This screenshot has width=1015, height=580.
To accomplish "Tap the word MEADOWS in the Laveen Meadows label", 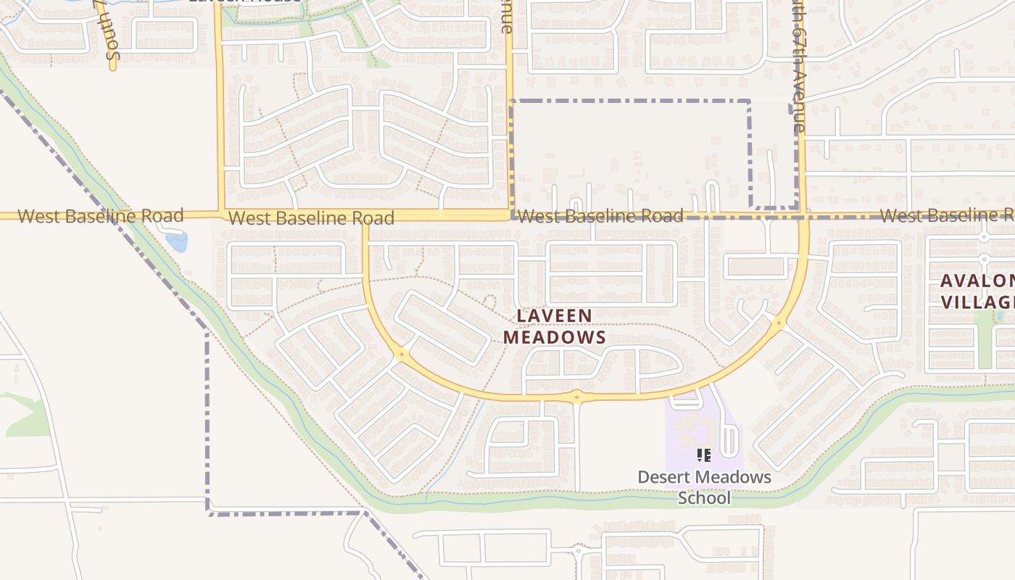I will [x=555, y=337].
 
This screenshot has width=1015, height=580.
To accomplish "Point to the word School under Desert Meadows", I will [x=703, y=498].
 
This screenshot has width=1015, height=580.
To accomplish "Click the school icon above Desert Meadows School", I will [x=703, y=455].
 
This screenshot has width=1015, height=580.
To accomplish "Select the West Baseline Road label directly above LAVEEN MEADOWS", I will [x=600, y=216].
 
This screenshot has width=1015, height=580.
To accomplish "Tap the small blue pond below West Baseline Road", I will [x=176, y=241].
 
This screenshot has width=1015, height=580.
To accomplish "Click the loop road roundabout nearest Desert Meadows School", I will [x=576, y=396].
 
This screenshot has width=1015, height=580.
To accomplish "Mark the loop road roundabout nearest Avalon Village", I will [x=779, y=323].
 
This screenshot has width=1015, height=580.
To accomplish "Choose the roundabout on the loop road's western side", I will [x=401, y=355].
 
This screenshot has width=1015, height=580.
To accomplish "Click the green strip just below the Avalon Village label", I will [x=984, y=341].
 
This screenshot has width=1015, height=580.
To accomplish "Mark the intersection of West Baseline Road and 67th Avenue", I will [x=803, y=215].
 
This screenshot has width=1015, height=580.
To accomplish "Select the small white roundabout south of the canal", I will [x=578, y=550].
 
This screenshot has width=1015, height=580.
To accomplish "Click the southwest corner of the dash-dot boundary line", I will [x=208, y=513].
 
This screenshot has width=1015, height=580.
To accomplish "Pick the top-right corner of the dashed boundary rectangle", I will [x=750, y=101].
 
